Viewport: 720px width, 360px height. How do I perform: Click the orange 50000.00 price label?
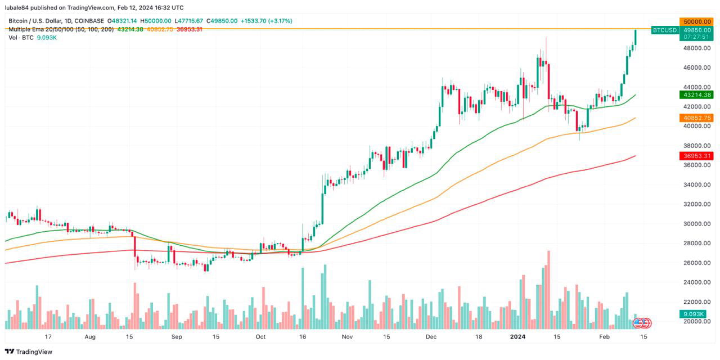pos(696,21)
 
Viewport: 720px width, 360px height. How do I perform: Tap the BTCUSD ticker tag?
pos(664,29)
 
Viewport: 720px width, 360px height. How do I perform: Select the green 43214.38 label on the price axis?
pos(696,95)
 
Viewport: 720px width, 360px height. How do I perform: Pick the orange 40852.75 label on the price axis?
pos(696,118)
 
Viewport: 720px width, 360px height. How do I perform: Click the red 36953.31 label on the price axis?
pos(696,156)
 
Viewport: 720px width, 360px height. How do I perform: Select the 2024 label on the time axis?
pos(517,336)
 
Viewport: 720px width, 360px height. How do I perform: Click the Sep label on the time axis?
pos(177,336)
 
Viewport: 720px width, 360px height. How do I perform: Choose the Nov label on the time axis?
pos(347,336)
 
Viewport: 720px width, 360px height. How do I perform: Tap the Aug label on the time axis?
pos(91,336)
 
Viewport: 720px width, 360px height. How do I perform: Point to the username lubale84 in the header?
pos(20,7)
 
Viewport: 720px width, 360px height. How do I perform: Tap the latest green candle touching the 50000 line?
pos(636,37)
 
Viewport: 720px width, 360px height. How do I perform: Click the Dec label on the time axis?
pos(431,336)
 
